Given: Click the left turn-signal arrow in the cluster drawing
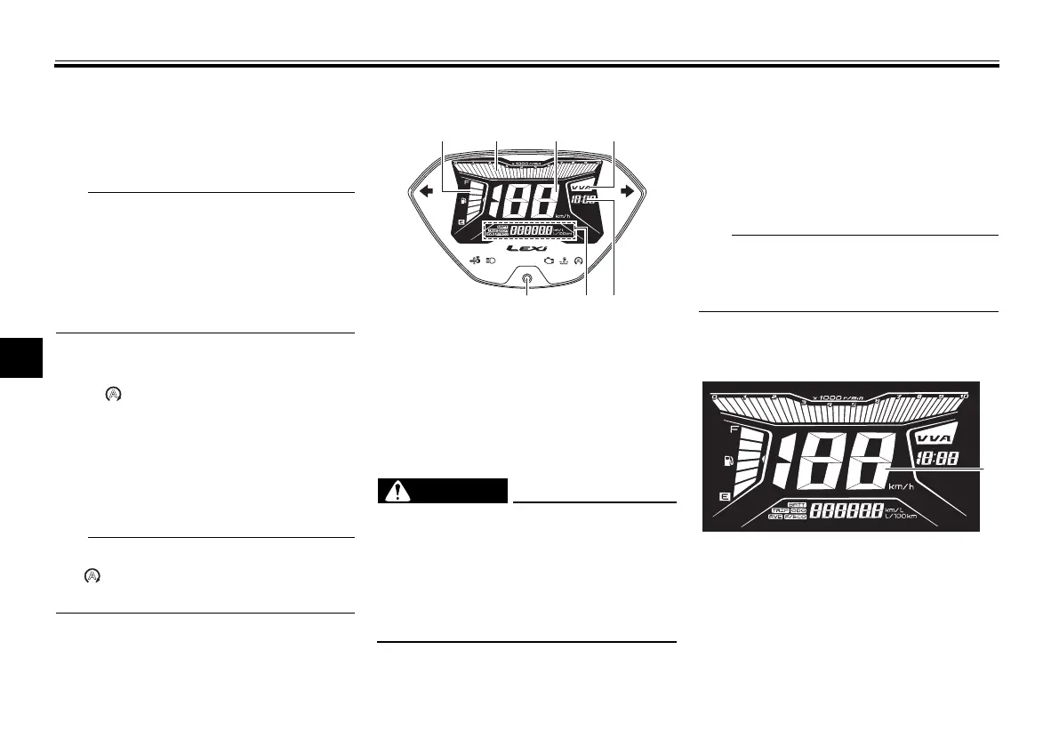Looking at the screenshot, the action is coord(427,189).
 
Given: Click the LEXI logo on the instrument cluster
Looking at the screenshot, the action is coord(529,249).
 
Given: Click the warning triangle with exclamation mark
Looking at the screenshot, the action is coord(392,490).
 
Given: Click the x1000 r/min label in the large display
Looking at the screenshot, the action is coord(839,395).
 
